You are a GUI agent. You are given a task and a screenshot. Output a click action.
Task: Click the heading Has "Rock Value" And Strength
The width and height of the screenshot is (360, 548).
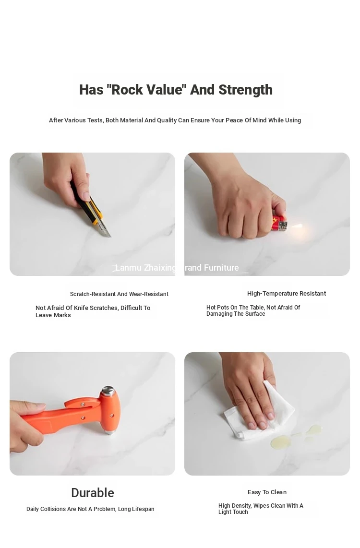[176, 90]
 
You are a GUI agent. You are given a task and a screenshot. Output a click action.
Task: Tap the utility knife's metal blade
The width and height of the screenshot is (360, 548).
[104, 228]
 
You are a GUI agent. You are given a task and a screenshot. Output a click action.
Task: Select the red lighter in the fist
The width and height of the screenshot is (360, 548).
[280, 223]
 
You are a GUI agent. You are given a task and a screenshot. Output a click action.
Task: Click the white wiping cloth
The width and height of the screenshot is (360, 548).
[259, 412]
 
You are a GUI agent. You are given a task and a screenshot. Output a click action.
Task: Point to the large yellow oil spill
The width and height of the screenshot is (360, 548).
[281, 441]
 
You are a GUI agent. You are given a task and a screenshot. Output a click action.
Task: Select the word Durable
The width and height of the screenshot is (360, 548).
[93, 493]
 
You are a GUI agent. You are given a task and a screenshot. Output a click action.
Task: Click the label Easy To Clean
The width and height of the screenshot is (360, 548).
[267, 492]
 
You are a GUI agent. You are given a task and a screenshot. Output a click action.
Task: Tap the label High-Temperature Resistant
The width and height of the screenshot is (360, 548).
[287, 294]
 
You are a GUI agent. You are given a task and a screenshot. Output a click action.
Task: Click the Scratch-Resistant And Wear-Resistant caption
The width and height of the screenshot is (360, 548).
[119, 294]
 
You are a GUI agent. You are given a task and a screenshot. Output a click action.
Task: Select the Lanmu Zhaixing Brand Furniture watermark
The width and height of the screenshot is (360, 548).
[177, 268]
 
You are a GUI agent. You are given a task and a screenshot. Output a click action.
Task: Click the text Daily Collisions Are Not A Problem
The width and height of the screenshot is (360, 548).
[71, 509]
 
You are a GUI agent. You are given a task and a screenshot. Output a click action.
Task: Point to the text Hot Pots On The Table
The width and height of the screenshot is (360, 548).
[235, 308]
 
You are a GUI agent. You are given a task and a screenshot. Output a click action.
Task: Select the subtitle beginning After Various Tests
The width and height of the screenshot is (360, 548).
[175, 120]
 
